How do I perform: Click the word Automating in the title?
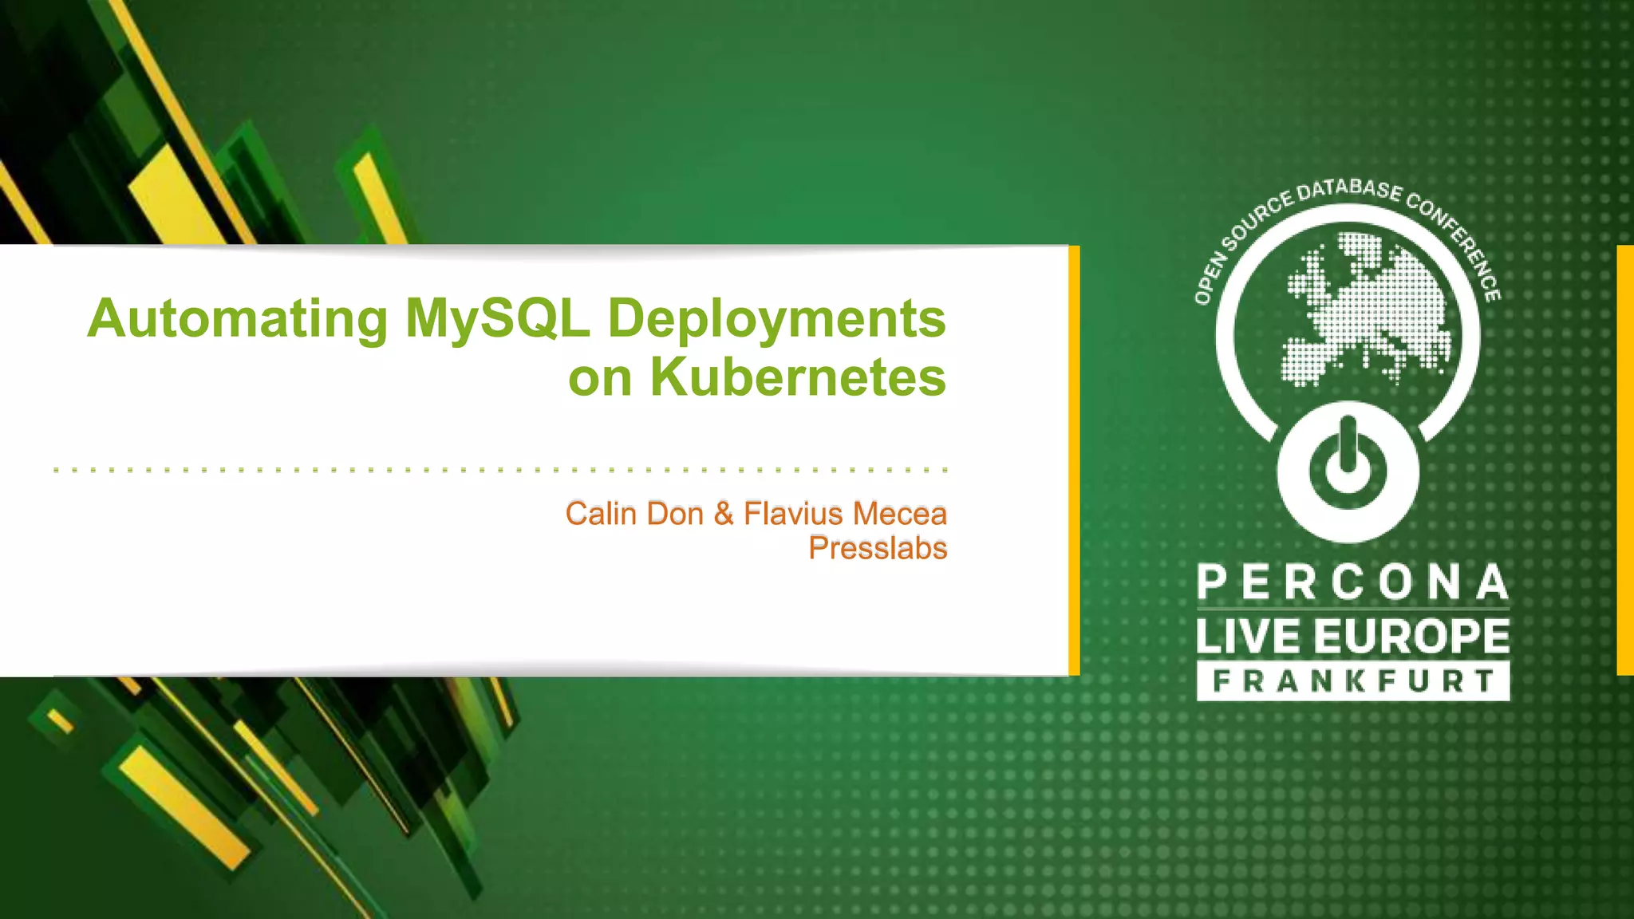click(x=237, y=319)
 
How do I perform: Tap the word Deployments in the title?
click(x=776, y=319)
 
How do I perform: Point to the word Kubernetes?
click(x=798, y=377)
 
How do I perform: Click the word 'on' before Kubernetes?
click(x=600, y=378)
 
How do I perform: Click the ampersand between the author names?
click(x=724, y=514)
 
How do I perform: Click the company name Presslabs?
click(x=878, y=548)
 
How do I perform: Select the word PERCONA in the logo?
click(x=1353, y=582)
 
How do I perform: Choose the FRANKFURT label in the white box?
click(x=1353, y=681)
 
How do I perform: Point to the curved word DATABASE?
click(x=1349, y=190)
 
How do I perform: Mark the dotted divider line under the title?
click(x=500, y=471)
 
